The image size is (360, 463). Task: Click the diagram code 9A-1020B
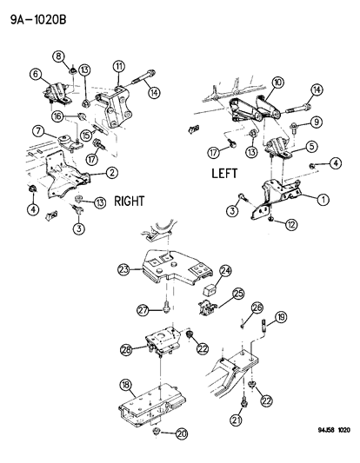[37, 13]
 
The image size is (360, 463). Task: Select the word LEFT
[230, 174]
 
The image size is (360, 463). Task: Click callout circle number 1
[323, 199]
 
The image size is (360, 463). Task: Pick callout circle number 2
[113, 172]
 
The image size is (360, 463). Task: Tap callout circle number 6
[36, 74]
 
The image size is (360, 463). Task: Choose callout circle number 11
[118, 66]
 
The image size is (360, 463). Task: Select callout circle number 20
[181, 435]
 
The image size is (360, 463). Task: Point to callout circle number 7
[37, 131]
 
